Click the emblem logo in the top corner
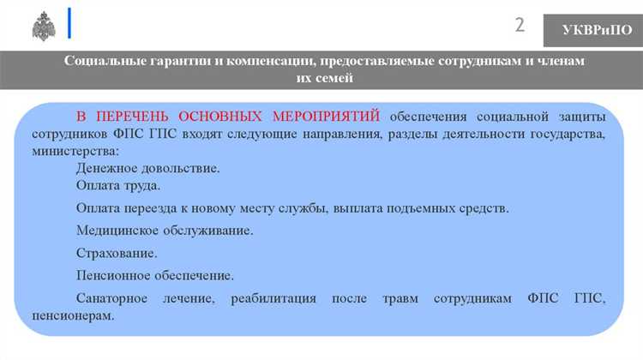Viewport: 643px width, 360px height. click(x=44, y=26)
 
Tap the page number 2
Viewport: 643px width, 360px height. click(x=520, y=24)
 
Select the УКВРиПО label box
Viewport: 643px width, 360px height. click(x=592, y=30)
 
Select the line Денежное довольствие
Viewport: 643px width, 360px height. click(x=147, y=168)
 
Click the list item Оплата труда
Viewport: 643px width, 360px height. click(x=117, y=185)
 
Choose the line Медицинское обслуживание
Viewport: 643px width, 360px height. click(x=164, y=231)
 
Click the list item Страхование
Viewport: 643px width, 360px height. click(x=117, y=253)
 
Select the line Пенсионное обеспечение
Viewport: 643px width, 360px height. click(x=154, y=275)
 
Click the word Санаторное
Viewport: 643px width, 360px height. click(x=111, y=298)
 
